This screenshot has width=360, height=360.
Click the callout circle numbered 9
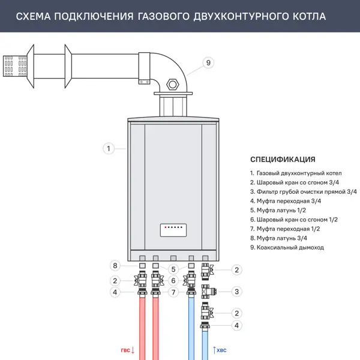[x=209, y=62]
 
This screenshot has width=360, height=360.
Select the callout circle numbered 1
[x=109, y=148]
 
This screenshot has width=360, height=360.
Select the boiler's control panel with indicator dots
[x=173, y=229]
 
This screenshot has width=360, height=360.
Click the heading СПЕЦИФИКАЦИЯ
[x=283, y=160]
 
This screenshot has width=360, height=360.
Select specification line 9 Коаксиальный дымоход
[x=287, y=248]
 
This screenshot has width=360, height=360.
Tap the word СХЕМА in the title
[x=34, y=16]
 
